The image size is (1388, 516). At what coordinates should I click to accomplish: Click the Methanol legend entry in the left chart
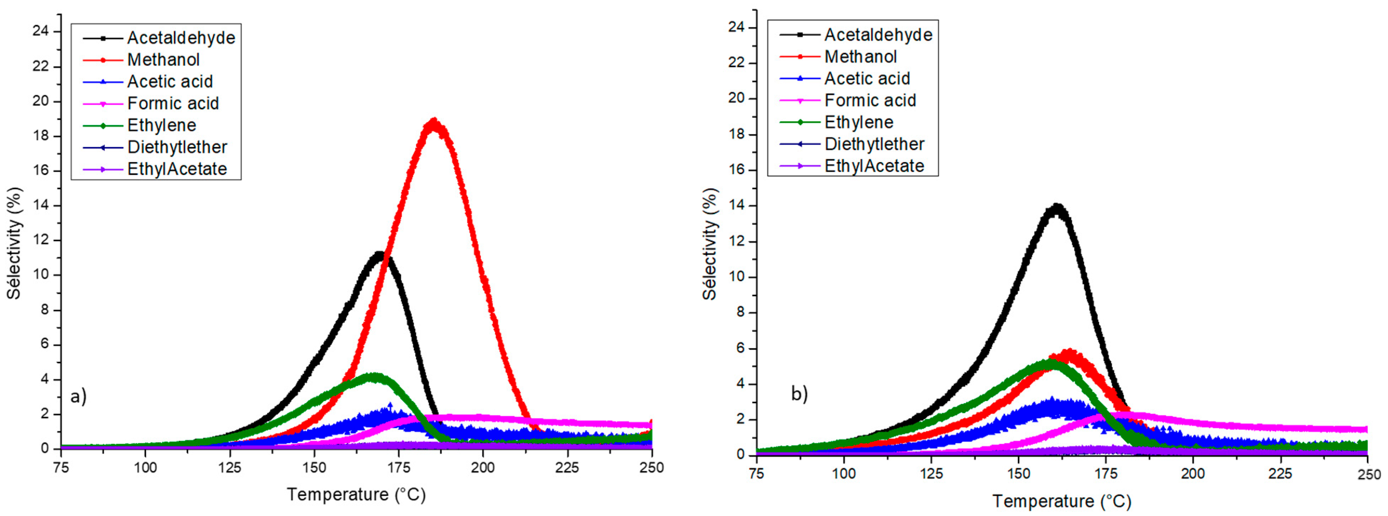[163, 60]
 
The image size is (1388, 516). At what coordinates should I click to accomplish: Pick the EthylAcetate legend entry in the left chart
[177, 169]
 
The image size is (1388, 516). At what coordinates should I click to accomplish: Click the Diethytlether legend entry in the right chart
[874, 144]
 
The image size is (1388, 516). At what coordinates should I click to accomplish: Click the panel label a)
[79, 397]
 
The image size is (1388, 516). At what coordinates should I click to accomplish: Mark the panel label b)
[799, 394]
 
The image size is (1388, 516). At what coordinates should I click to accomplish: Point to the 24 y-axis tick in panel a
[40, 31]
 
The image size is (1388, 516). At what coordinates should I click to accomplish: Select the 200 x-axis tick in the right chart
[1193, 474]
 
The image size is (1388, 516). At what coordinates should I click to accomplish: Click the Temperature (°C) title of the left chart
[356, 494]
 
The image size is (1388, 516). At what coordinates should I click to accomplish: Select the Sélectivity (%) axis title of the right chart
[710, 244]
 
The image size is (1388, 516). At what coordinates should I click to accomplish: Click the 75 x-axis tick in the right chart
[757, 474]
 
